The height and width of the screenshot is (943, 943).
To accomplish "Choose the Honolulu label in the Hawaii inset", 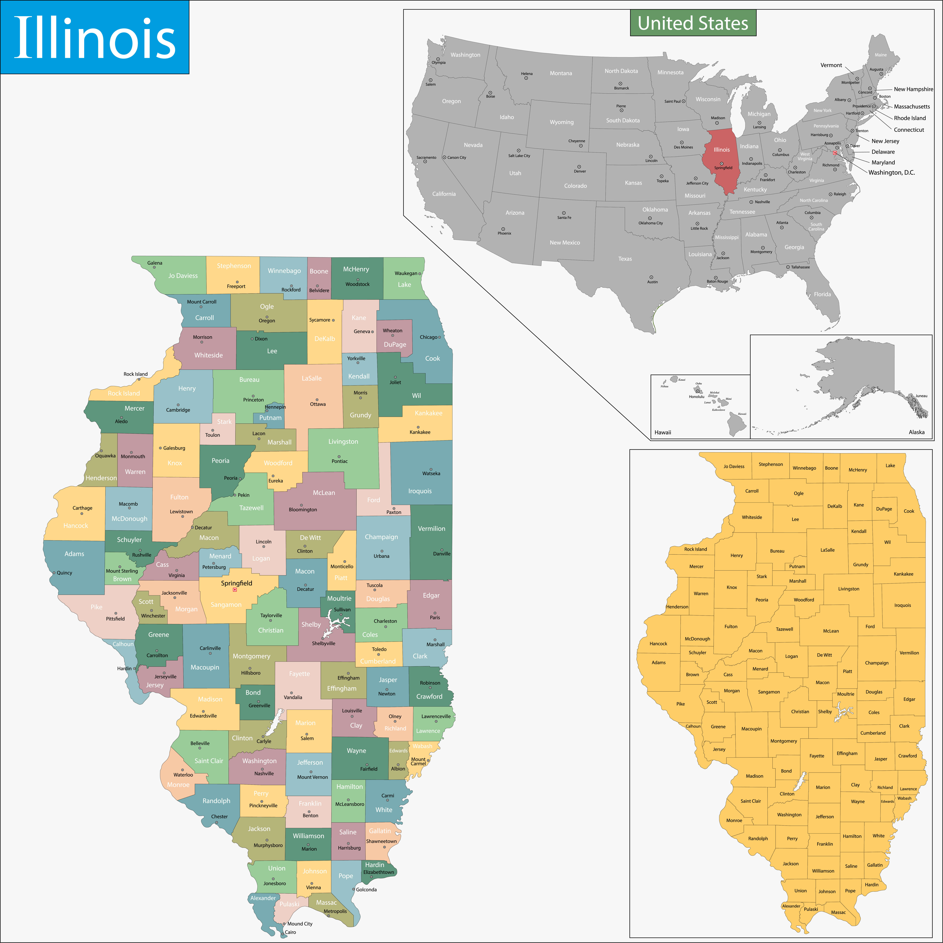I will [x=697, y=396].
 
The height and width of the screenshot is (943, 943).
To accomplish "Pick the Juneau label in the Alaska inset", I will [x=921, y=396].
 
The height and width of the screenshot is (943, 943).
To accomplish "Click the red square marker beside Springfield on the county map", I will [x=235, y=590].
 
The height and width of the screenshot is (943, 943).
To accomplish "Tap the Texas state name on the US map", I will [x=625, y=259].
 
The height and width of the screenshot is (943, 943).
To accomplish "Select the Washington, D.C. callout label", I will [x=891, y=172].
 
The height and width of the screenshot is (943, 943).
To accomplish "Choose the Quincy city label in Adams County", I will [x=64, y=573].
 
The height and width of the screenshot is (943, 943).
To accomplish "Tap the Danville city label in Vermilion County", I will [x=442, y=554].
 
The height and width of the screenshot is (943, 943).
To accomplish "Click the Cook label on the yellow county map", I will [x=909, y=511].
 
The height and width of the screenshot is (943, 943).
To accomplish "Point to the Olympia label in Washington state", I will [x=438, y=62].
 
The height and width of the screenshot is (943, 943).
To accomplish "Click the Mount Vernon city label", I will [x=312, y=777].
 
